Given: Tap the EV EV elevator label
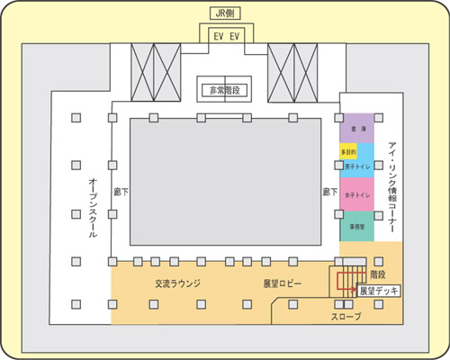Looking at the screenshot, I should (x=225, y=36).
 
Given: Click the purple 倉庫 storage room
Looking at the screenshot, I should (x=362, y=129).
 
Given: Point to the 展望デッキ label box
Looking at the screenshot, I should (x=378, y=292).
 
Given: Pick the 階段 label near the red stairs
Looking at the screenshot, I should (x=379, y=273).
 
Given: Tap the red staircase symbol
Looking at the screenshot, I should (x=346, y=279).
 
